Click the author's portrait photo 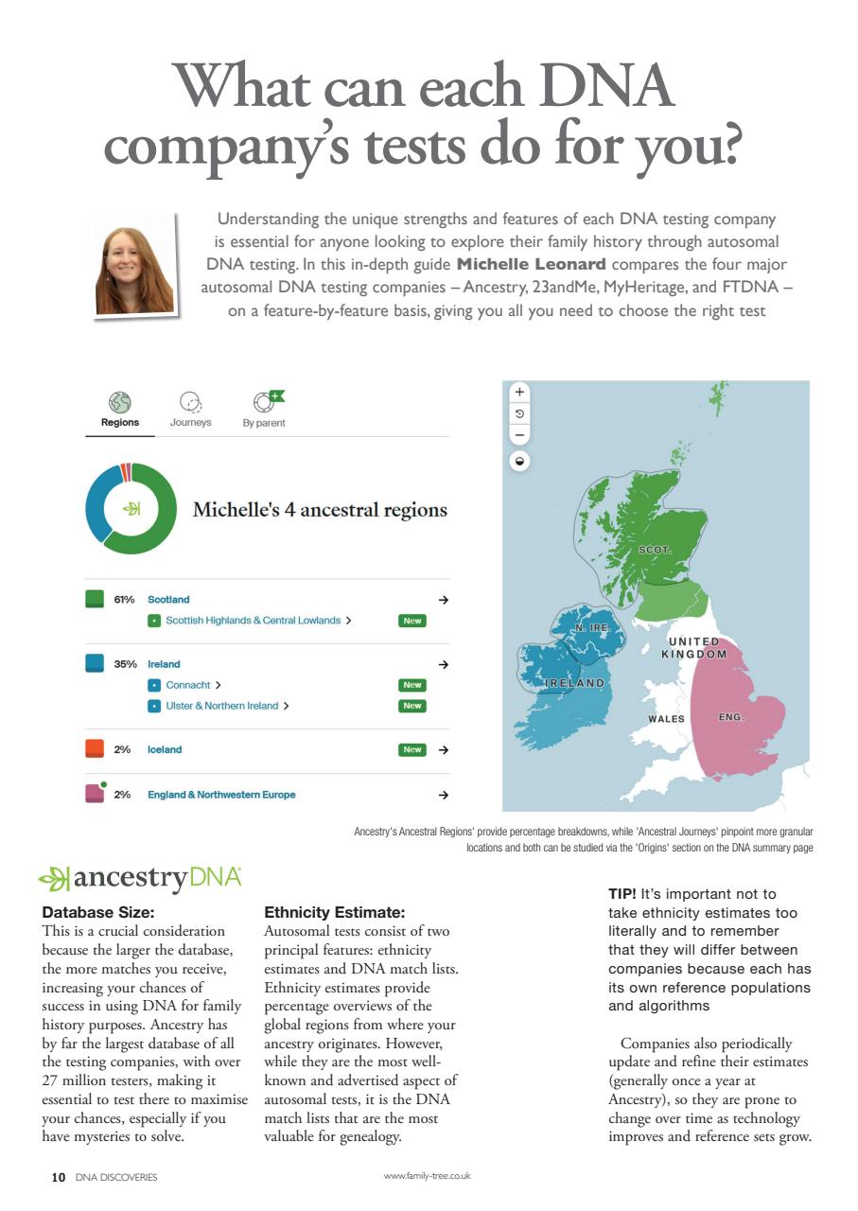tap(134, 266)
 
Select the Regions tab tap(120, 411)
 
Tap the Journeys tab tap(190, 411)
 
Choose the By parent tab tap(264, 411)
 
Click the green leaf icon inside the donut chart tap(131, 509)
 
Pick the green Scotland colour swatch tap(95, 599)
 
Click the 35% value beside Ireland tap(126, 664)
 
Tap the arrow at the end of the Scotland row tap(443, 600)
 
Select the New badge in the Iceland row tap(411, 749)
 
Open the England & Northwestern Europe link tap(221, 795)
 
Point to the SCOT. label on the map tap(655, 550)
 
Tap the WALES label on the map tap(666, 719)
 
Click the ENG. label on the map tap(731, 718)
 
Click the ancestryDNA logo tap(141, 879)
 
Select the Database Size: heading tap(97, 913)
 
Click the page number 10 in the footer tap(58, 1177)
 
